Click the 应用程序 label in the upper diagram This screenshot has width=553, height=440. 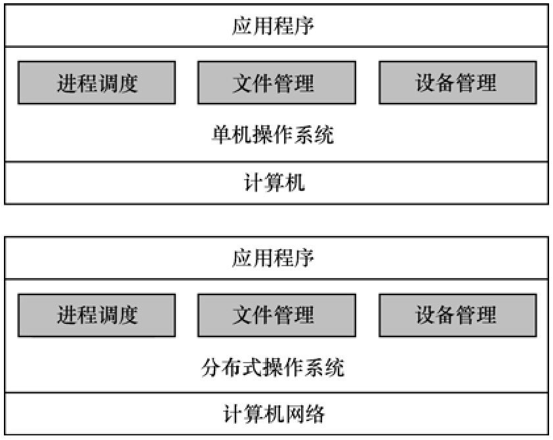coord(273,26)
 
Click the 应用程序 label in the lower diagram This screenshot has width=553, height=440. coord(273,258)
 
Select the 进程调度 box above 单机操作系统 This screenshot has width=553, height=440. coord(96,83)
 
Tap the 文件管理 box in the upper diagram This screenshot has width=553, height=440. coord(277,83)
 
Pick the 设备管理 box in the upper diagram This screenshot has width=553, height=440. coord(458,83)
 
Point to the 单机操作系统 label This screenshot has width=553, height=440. coord(273,134)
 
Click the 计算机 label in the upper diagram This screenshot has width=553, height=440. coord(274,183)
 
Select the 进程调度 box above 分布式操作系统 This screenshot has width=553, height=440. coord(96,315)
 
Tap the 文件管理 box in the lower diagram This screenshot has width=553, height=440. coord(277,315)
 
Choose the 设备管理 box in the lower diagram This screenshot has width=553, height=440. coord(458,315)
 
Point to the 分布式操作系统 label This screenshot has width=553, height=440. coord(273,367)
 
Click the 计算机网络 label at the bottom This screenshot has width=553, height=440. coord(274,414)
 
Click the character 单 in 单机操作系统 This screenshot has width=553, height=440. coord(222,134)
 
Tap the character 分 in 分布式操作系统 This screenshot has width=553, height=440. coord(211,367)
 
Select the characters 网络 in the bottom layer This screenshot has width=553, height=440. coord(304,414)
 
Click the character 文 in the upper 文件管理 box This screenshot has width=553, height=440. coord(242,83)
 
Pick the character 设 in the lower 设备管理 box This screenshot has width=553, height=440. coord(426,315)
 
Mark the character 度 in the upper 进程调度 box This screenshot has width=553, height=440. coord(128,83)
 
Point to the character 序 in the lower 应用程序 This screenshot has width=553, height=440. coord(304,258)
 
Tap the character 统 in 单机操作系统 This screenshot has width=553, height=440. coord(324,134)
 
